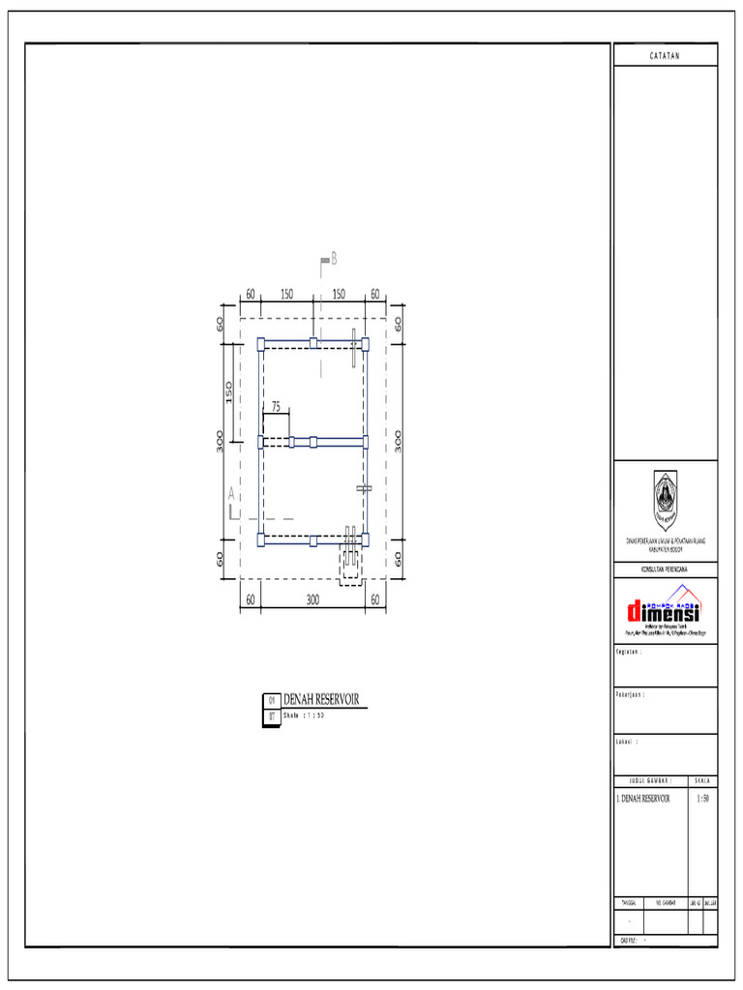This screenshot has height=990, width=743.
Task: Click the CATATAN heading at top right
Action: point(665,56)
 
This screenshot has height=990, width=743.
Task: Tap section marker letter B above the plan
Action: point(334,258)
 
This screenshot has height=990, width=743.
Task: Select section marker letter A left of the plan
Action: point(231,494)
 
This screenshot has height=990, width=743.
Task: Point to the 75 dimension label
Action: point(276,408)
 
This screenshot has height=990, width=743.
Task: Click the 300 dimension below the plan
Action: point(312,600)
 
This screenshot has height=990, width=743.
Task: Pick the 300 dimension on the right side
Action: point(399,441)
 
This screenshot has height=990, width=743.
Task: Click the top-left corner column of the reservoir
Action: point(261,343)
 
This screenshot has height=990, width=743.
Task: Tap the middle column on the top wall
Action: point(313,343)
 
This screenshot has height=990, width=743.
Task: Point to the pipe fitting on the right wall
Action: point(364,489)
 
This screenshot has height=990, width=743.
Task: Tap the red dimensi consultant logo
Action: point(665,609)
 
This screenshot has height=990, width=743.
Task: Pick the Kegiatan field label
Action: point(630,652)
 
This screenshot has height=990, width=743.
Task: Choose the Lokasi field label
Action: point(627,742)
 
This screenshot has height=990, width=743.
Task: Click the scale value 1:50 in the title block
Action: point(702,800)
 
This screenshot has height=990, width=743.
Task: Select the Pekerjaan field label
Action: point(631,695)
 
